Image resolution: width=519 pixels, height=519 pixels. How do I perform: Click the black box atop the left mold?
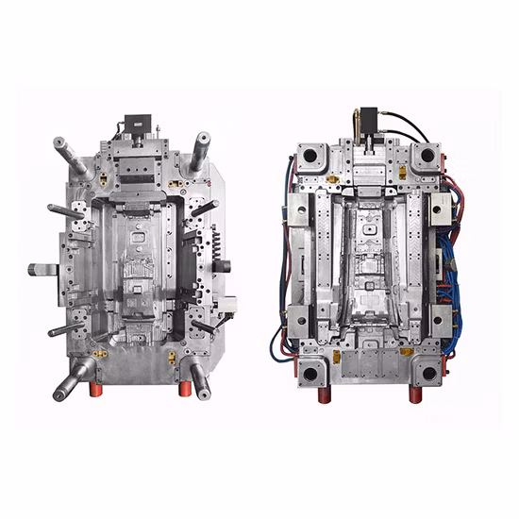[x=137, y=124]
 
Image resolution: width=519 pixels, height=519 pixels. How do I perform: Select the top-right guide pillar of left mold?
[x=200, y=149]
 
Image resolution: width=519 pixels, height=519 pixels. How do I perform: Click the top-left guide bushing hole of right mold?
[x=310, y=155]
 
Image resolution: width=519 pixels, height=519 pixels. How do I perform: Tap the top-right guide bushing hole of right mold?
[x=428, y=154]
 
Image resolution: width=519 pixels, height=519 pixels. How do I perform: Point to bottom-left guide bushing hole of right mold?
[x=310, y=374]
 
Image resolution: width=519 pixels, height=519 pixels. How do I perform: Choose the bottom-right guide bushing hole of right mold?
[x=429, y=374]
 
